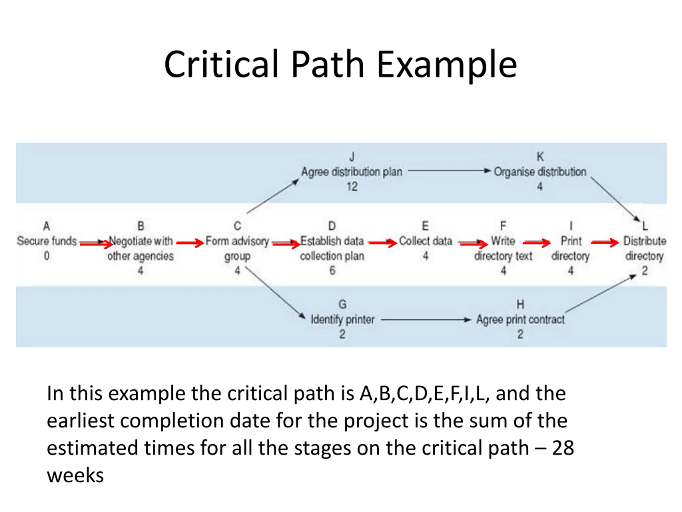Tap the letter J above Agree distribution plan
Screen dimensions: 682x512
[x=352, y=157]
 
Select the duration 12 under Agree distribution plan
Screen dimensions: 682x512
[x=352, y=186]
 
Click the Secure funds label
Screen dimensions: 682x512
[x=47, y=241]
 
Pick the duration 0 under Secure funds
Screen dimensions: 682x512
[x=47, y=256]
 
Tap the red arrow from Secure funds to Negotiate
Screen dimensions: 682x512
[x=96, y=244]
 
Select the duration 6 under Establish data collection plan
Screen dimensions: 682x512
[x=332, y=271]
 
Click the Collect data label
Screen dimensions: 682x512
[x=425, y=241]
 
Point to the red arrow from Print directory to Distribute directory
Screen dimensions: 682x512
[x=605, y=243]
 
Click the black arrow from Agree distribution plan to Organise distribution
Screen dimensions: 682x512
[x=449, y=170]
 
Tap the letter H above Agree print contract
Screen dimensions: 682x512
[x=520, y=305]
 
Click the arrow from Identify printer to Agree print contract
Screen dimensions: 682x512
[x=426, y=320]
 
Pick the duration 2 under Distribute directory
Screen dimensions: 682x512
[x=645, y=271]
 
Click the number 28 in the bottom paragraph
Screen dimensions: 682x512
[x=563, y=448]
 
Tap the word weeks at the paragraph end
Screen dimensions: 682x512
[x=75, y=475]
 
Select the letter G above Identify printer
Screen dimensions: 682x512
[x=343, y=305]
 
